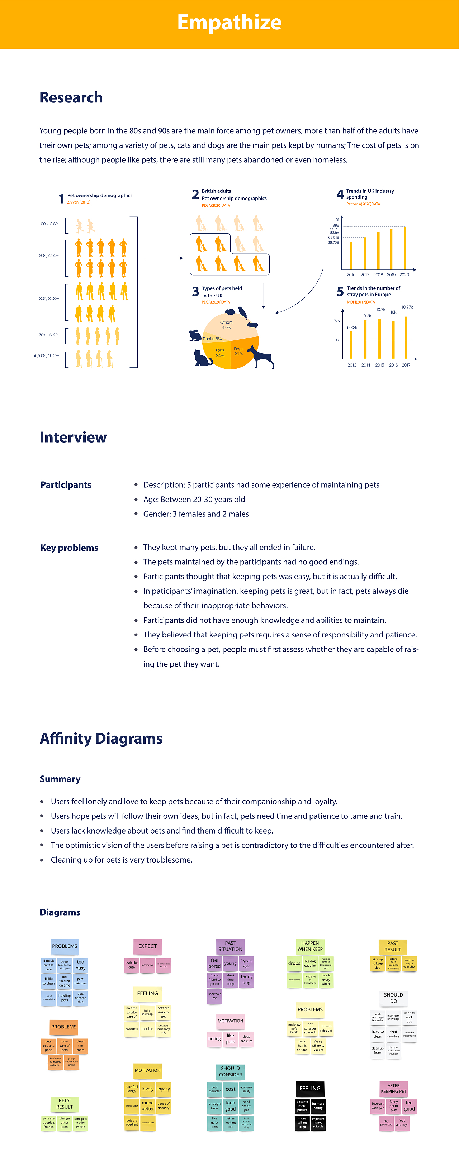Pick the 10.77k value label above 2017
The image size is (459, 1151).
(407, 307)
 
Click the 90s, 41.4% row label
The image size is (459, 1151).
(49, 255)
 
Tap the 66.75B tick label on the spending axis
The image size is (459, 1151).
(333, 243)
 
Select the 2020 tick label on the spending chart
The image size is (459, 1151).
(404, 275)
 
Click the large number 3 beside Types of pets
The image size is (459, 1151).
(195, 292)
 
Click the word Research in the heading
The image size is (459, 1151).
(71, 97)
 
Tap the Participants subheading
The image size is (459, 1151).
(66, 485)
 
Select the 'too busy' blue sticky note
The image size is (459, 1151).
(80, 965)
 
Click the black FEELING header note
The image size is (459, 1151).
(310, 1088)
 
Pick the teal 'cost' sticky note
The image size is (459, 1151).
(230, 1089)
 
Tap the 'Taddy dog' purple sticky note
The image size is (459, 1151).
(246, 979)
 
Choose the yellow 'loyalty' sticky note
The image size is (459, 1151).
(164, 1089)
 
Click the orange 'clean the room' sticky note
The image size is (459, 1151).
(80, 1046)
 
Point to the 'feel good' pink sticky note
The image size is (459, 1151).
(410, 1105)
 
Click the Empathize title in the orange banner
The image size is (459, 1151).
(229, 22)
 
